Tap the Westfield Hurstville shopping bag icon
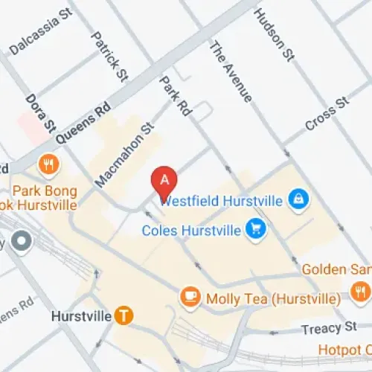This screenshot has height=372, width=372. (298, 199)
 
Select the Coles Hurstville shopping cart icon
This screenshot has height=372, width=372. (255, 228)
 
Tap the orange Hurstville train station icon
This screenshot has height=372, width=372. (124, 316)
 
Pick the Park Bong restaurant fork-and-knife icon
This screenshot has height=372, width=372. (50, 164)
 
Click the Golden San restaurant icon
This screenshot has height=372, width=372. (361, 289)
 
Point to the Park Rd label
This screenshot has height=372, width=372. (176, 95)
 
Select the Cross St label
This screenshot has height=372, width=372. (327, 112)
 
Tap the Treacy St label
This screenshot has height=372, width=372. (330, 328)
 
